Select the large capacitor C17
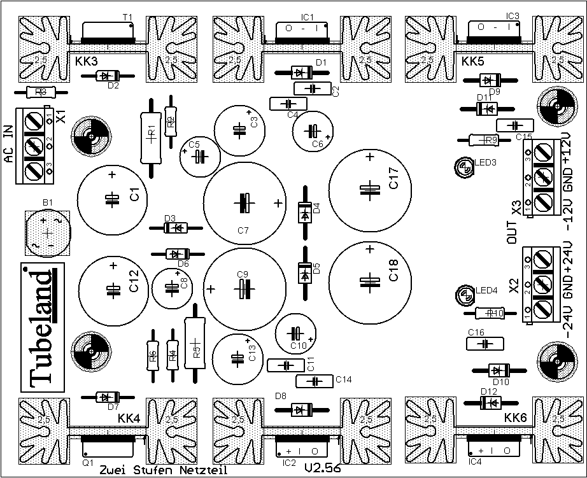369,188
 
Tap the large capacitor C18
369,281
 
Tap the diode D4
304,212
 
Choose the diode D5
304,273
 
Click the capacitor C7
243,202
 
